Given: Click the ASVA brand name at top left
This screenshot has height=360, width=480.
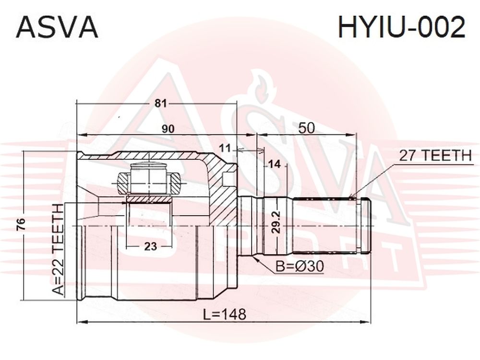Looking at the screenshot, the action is tap(57, 27).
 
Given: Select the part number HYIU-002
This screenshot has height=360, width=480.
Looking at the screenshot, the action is tap(401, 27).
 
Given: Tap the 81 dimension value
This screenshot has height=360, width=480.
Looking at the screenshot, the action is tap(160, 104).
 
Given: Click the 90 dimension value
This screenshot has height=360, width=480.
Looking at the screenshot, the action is tap(168, 129).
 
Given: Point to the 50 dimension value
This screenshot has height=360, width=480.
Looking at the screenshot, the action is tap(306, 128).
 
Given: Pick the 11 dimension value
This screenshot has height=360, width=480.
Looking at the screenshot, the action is tap(226, 149).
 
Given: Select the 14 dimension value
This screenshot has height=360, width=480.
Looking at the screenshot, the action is tap(274, 164).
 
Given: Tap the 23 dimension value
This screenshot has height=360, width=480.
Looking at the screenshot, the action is tap(151, 246).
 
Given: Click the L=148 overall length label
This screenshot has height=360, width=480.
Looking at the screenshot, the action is tap(225, 314).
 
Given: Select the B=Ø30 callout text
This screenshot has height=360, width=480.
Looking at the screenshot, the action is tap(300, 266).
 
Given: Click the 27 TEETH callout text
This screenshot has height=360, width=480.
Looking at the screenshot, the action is tap(435, 156).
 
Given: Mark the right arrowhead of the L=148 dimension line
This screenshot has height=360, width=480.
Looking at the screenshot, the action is tap(366, 322).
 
